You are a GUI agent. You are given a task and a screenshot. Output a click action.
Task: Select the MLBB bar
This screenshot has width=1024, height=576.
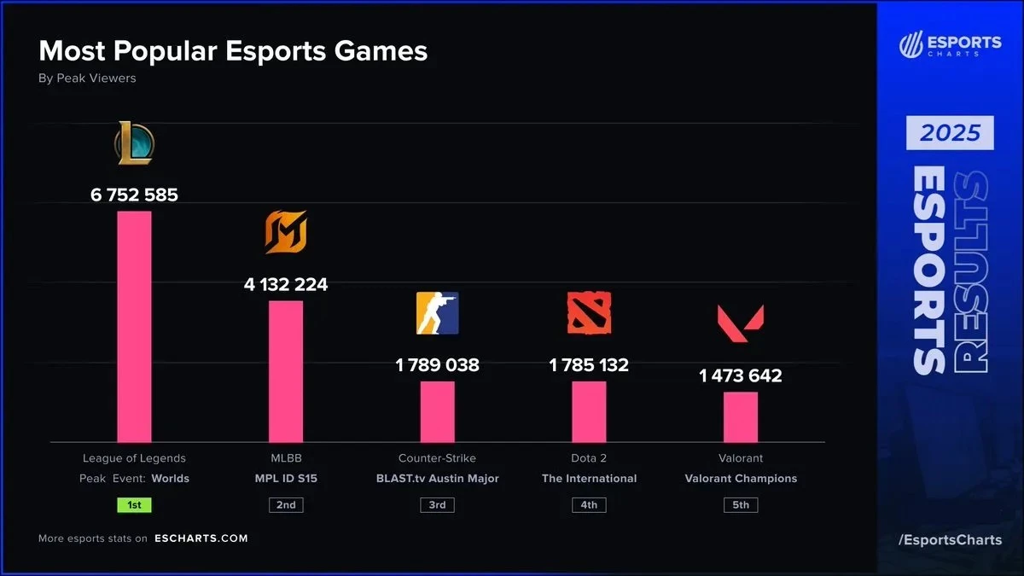286,371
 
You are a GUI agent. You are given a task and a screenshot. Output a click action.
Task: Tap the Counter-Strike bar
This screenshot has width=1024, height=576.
437,411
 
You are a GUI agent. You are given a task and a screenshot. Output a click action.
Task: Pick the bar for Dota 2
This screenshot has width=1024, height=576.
589,411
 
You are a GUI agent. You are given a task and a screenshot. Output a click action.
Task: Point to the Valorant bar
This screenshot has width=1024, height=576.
741,416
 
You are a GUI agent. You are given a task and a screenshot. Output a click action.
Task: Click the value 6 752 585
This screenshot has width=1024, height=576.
134,195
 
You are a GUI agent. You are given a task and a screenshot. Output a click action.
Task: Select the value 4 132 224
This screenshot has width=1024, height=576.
286,284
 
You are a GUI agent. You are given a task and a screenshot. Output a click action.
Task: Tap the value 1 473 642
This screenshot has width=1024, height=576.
741,375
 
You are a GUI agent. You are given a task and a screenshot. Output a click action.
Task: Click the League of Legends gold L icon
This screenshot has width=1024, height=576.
134,143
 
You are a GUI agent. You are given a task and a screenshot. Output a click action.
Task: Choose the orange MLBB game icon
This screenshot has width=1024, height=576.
286,232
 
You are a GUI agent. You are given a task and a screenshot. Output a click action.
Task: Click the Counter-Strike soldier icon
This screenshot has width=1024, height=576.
437,313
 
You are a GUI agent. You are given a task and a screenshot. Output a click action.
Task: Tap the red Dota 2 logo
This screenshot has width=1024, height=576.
589,313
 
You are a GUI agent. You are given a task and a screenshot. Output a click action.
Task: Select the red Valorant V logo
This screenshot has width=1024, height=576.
741,323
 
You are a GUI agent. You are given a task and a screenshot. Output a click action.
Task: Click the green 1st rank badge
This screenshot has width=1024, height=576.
134,504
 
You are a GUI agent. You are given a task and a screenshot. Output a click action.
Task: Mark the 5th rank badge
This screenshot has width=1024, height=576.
741,504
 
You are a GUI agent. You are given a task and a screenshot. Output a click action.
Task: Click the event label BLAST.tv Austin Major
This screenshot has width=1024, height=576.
437,479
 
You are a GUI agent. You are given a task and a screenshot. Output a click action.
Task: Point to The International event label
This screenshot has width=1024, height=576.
589,479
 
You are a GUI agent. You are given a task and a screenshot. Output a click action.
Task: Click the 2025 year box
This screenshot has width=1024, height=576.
950,133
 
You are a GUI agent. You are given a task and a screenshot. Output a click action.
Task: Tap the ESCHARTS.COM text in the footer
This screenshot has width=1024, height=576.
201,538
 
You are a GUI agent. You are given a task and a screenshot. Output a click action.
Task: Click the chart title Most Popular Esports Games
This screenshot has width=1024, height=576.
233,51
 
